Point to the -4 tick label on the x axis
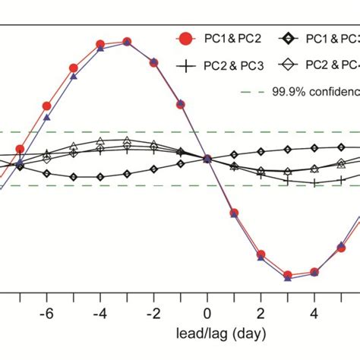coord(99,314)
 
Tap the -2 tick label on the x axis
coord(153,314)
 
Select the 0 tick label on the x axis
coord(207,314)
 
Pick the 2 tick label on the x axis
coord(261,314)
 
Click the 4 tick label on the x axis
coord(314,314)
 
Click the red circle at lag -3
coord(127,42)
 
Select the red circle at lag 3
coord(288,275)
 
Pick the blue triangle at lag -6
coord(47,118)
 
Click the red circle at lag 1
coord(234,213)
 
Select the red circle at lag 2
coord(261,254)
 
